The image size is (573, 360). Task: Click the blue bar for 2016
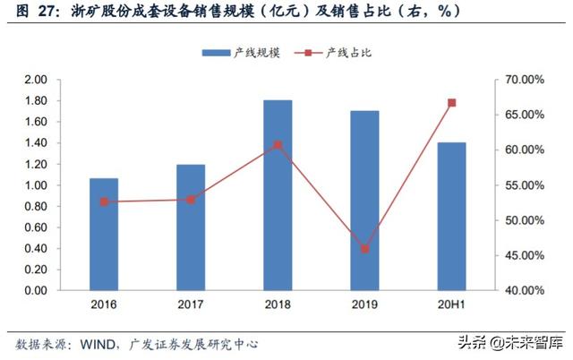[104, 235]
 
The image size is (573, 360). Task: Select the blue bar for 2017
[191, 227]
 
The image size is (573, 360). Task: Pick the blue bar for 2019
[364, 201]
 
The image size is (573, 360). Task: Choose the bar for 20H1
[451, 217]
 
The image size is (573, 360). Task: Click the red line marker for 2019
[364, 249]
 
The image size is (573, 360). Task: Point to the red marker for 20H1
[451, 103]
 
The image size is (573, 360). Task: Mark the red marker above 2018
[278, 144]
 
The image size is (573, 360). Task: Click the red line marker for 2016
[104, 202]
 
